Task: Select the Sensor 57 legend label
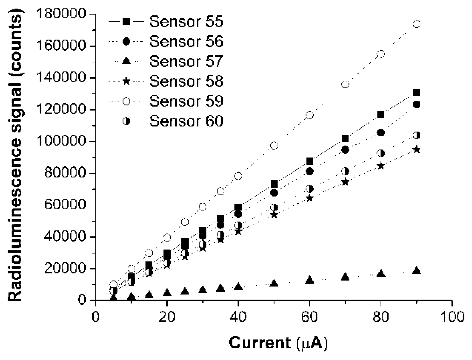coord(186,61)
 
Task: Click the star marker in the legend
coord(126,81)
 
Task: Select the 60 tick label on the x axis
coord(309,317)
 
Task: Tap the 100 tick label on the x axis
coord(452,317)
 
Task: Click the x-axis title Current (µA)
coord(278,343)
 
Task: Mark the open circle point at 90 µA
coord(416,24)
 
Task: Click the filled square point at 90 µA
coord(416,92)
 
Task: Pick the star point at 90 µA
coord(416,150)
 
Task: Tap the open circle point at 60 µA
coord(309,115)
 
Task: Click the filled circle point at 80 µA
coord(381,133)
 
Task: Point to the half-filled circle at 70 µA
coord(345,171)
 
